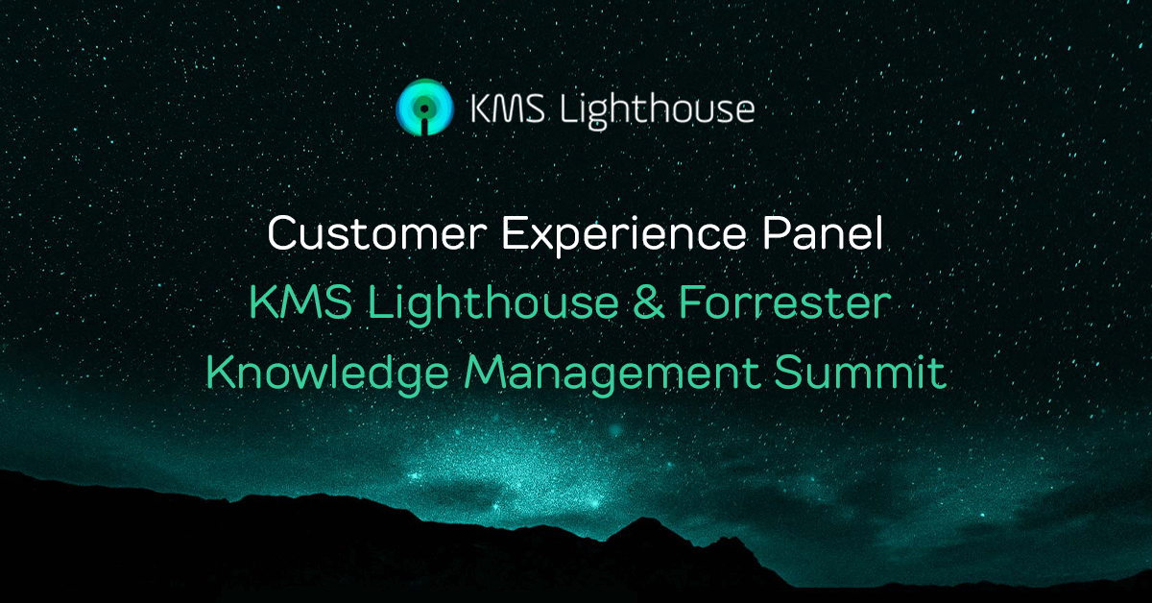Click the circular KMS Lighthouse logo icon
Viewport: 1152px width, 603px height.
point(424,108)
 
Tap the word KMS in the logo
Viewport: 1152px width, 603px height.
point(508,109)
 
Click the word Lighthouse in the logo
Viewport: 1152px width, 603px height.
point(658,110)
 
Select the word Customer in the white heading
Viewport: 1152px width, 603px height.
point(377,233)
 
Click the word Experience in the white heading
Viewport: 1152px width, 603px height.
point(624,236)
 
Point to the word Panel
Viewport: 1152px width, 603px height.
point(823,232)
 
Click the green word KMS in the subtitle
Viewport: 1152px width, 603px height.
point(300,302)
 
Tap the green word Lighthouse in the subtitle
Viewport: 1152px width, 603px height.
point(493,304)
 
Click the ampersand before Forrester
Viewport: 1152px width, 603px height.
point(649,302)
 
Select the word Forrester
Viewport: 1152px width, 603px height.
point(785,302)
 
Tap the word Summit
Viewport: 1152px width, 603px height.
point(860,372)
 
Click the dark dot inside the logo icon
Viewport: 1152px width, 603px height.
point(424,109)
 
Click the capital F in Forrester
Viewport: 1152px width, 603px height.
point(692,302)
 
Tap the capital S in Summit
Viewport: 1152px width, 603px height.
point(789,373)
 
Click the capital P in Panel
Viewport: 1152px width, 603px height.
point(776,233)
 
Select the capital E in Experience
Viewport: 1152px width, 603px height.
point(515,233)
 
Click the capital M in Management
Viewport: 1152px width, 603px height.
point(484,373)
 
